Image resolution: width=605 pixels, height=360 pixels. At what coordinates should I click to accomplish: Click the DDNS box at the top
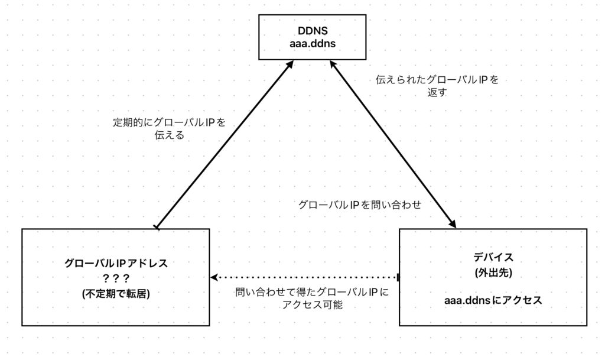[313, 37]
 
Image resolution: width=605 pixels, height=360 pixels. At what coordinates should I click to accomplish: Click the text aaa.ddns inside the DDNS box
[313, 43]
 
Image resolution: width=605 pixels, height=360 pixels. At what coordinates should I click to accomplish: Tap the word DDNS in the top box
[313, 31]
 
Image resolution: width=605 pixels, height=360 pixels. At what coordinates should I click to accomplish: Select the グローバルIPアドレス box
[116, 277]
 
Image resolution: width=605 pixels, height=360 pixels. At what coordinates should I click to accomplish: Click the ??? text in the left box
[116, 278]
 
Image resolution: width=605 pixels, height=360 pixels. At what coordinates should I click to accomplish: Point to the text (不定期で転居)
[116, 293]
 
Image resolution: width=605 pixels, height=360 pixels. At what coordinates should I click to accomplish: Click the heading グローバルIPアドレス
[116, 263]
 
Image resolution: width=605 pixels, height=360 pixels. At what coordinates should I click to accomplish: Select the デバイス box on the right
[493, 277]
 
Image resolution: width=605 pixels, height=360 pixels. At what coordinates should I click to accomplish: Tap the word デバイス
[493, 257]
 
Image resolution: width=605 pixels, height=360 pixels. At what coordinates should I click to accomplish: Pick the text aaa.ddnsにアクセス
[493, 301]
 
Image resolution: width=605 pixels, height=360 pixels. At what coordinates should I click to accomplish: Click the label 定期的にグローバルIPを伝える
[170, 129]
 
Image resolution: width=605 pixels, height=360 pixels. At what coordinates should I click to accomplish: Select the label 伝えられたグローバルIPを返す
[437, 86]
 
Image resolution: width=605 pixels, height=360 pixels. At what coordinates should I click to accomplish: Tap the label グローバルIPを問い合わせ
[359, 205]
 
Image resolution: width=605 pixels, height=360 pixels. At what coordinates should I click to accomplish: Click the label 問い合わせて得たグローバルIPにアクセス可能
[312, 299]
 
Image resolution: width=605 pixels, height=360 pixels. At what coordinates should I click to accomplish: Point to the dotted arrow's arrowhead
[214, 277]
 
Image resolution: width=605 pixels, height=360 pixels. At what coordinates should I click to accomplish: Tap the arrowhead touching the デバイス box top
[453, 224]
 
